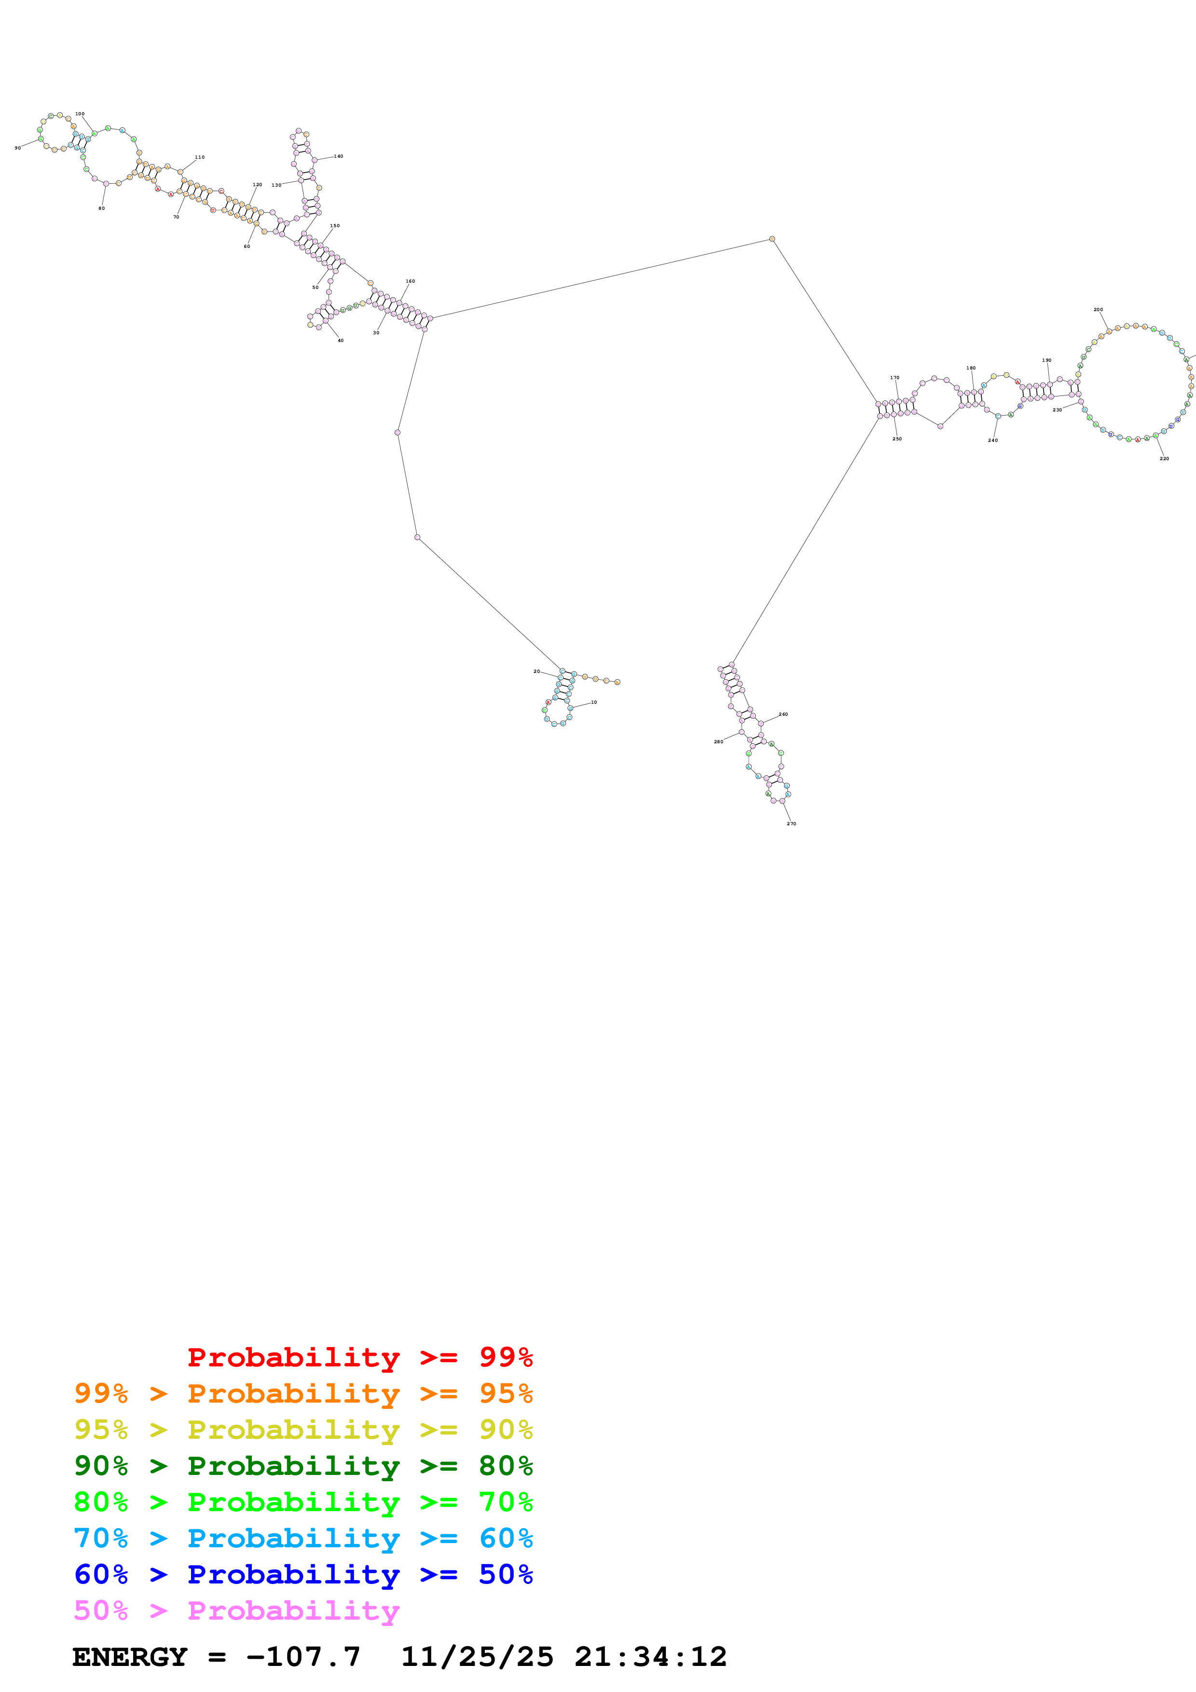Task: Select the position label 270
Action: (x=791, y=823)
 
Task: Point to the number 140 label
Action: (x=338, y=156)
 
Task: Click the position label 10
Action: (x=594, y=702)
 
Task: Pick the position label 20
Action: (x=536, y=671)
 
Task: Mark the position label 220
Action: (x=1164, y=458)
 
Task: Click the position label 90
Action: (x=18, y=148)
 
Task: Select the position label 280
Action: (x=718, y=741)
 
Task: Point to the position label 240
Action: (x=992, y=440)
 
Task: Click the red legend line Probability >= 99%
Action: (x=359, y=1357)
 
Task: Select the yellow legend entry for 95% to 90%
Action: (x=303, y=1430)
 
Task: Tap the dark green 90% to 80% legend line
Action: (x=303, y=1466)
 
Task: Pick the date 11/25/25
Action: (x=476, y=1657)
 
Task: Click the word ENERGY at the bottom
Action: (x=130, y=1657)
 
